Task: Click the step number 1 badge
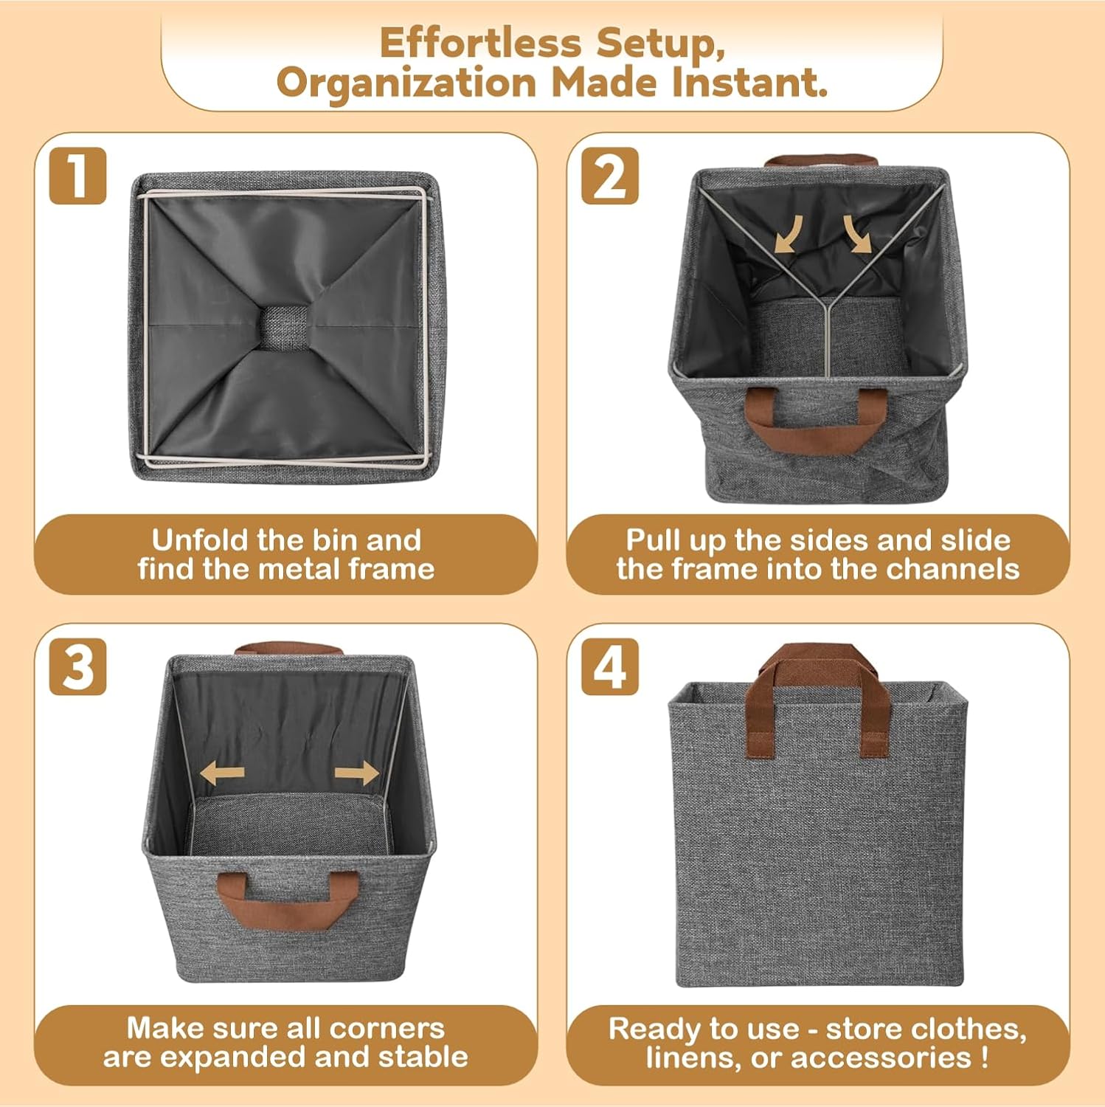77,176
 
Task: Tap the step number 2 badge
609,176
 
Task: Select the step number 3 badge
77,667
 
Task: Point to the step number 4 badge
609,667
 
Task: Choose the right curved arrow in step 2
856,234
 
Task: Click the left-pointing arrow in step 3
222,774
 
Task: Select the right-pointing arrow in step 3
357,774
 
